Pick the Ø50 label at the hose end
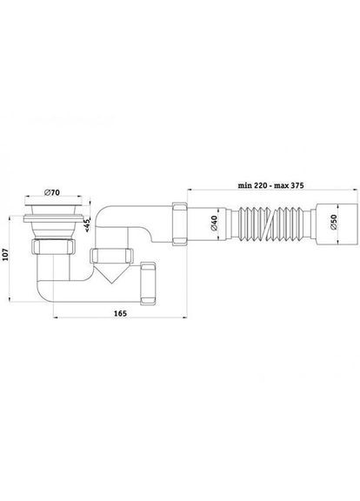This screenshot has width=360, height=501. click(x=334, y=232)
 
